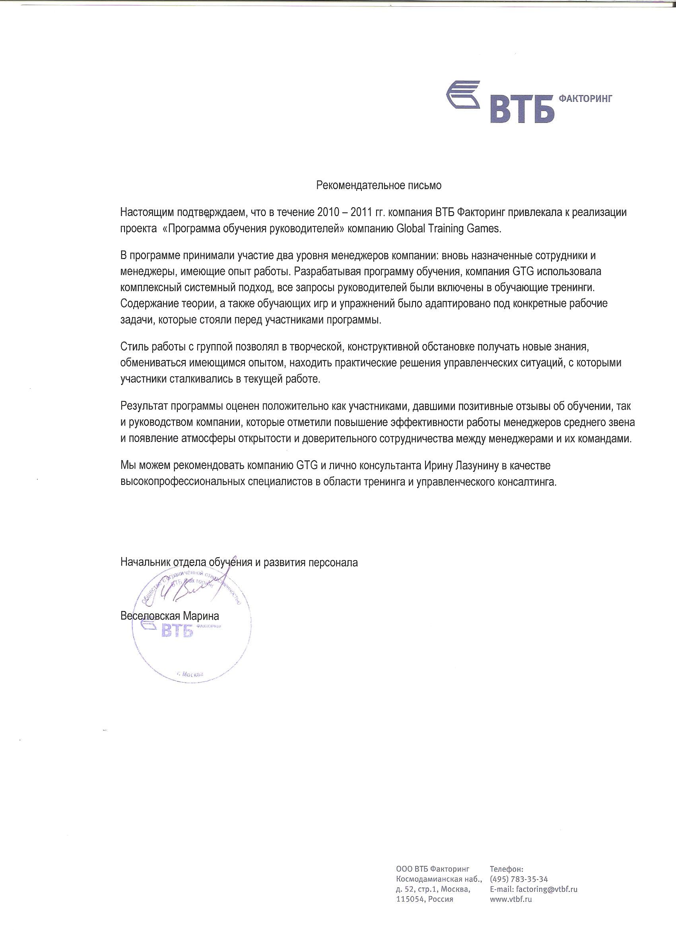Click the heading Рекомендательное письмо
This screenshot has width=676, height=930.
click(379, 185)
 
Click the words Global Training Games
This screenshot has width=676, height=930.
click(449, 228)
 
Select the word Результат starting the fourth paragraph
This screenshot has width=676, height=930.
click(144, 407)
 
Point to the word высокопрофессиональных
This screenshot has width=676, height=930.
click(182, 482)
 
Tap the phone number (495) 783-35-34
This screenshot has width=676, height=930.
click(519, 879)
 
